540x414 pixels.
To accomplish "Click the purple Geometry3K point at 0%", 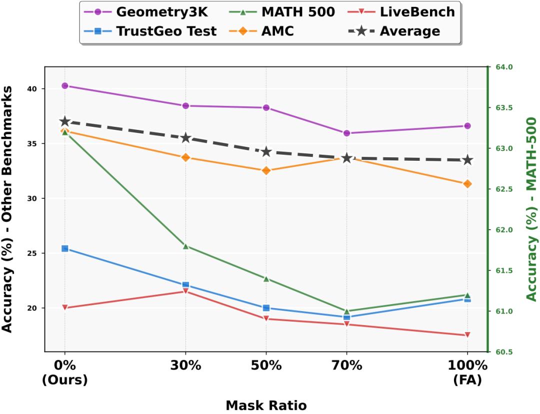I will pos(64,86).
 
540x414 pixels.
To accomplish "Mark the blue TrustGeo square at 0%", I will pos(64,248).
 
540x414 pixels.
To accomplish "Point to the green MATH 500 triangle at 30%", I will pos(185,246).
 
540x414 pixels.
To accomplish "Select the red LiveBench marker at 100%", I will pos(467,335).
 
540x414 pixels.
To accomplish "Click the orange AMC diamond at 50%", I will pos(266,170).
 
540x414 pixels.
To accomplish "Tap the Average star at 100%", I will pos(467,160).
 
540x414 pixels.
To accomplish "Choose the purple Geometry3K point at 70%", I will pos(346,133).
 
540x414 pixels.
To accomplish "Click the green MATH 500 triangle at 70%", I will pos(346,311).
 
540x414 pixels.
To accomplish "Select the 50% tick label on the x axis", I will pos(266,365).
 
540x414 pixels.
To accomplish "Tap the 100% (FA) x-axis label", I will pos(467,372).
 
